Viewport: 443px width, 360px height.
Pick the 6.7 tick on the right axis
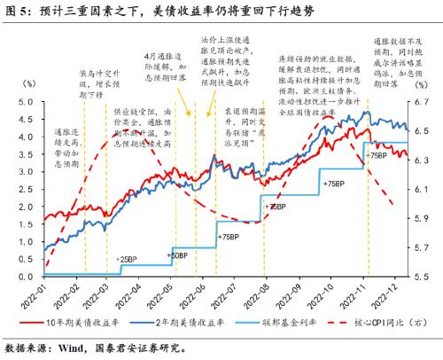click(424, 102)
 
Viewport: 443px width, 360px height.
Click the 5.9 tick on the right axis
click(424, 218)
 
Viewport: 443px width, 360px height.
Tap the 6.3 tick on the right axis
click(424, 160)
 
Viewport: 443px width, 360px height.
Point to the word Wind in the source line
click(66, 348)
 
